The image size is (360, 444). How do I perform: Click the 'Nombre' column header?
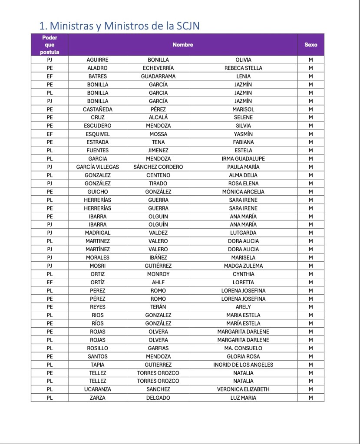182,45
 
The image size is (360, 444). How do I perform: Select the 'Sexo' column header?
310,45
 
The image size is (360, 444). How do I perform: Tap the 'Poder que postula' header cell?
50,45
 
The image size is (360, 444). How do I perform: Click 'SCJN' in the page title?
188,26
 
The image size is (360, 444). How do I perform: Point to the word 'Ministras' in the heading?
70,26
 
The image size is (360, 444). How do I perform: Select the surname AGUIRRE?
98,60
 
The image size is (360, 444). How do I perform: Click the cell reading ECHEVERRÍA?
158,68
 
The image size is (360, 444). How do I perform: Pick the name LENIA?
243,76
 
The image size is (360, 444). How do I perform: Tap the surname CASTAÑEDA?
98,109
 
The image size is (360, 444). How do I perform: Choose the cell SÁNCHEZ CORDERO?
158,167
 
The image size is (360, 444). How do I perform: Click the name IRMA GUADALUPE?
243,159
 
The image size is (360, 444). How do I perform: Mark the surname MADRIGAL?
98,233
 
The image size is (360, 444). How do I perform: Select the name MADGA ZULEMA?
243,266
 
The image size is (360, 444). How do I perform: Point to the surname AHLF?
158,283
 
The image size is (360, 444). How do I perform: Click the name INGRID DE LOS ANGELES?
243,365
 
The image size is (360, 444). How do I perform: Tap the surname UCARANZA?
98,390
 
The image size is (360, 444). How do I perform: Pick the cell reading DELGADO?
158,398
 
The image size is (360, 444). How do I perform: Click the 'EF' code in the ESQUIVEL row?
50,134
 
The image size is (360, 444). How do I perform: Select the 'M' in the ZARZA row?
310,398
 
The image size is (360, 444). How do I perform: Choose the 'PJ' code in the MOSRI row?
50,266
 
